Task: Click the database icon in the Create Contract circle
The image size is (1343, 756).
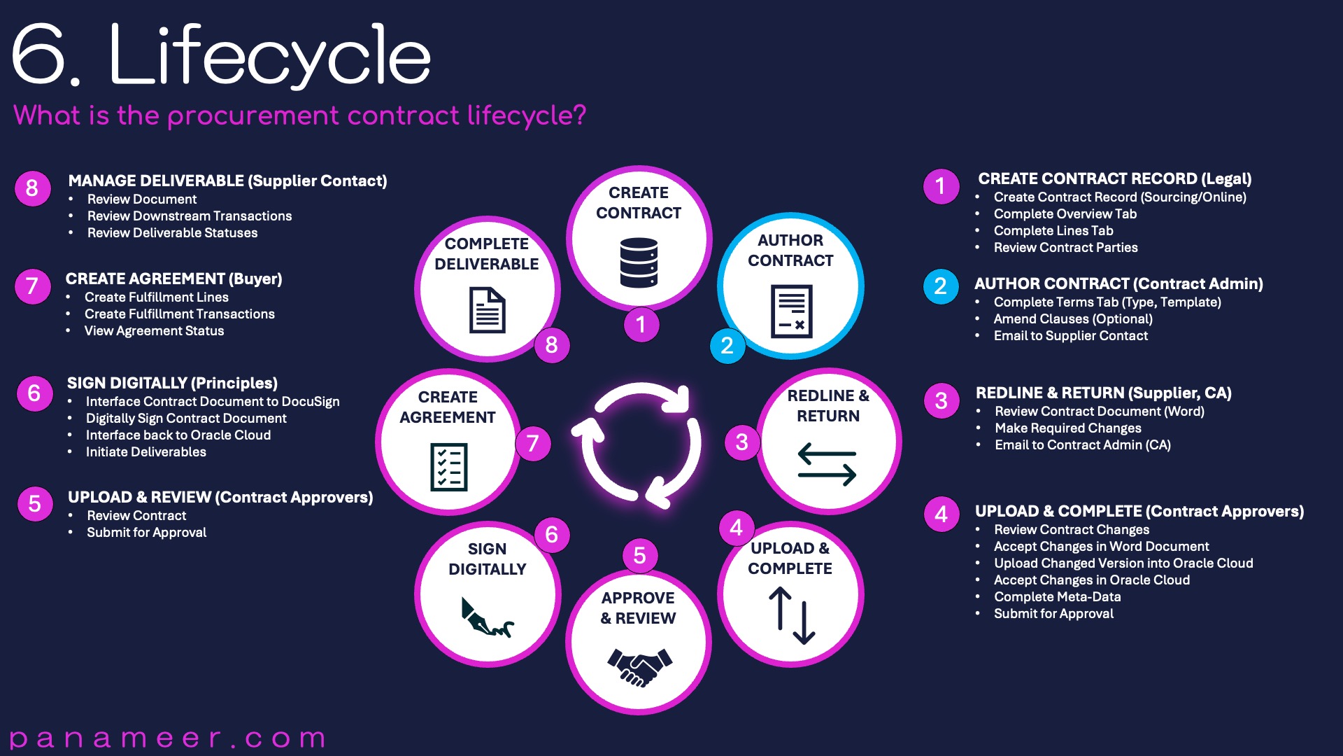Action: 639,262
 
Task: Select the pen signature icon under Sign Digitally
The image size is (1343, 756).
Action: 487,617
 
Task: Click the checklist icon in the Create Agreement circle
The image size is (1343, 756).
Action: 448,467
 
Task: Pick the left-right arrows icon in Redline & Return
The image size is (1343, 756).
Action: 827,464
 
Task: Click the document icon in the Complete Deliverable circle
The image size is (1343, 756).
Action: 487,310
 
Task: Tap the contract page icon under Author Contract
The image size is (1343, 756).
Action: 791,311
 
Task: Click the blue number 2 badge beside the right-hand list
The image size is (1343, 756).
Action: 941,286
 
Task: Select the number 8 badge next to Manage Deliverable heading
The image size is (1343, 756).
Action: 32,188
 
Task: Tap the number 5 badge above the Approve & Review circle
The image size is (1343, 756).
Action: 639,556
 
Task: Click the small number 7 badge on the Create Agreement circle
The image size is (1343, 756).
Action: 533,443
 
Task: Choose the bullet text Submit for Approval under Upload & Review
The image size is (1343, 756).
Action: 147,533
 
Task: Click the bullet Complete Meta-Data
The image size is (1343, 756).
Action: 1058,597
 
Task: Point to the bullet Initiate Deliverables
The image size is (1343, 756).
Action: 146,452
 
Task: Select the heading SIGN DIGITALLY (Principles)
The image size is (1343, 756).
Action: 172,384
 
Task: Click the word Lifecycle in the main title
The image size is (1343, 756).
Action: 270,55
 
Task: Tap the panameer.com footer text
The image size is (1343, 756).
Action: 168,738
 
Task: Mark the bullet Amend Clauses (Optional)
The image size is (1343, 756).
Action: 1073,319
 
